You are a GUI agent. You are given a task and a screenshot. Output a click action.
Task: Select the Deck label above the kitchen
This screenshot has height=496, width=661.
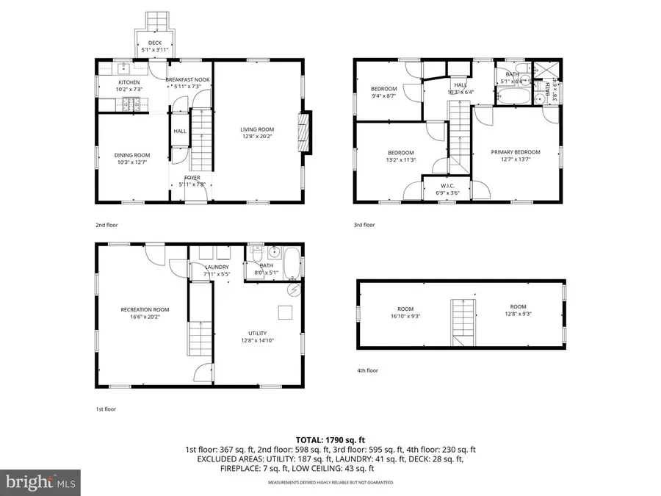[154, 43]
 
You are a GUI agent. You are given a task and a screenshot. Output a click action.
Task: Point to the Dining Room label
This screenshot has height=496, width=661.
[131, 155]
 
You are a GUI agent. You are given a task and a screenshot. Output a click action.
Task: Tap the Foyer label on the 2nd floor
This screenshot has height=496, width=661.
[192, 177]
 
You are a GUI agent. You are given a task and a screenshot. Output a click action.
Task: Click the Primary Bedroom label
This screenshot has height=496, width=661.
[515, 152]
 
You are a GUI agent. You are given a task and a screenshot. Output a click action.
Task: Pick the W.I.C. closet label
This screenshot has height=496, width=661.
[447, 185]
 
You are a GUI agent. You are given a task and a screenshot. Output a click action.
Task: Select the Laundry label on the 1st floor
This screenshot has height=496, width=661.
[217, 267]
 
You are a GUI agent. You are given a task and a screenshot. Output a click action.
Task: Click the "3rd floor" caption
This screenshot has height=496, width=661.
[364, 225]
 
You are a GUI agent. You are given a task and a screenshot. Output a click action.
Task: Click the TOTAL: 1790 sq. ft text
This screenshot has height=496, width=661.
[330, 439]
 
